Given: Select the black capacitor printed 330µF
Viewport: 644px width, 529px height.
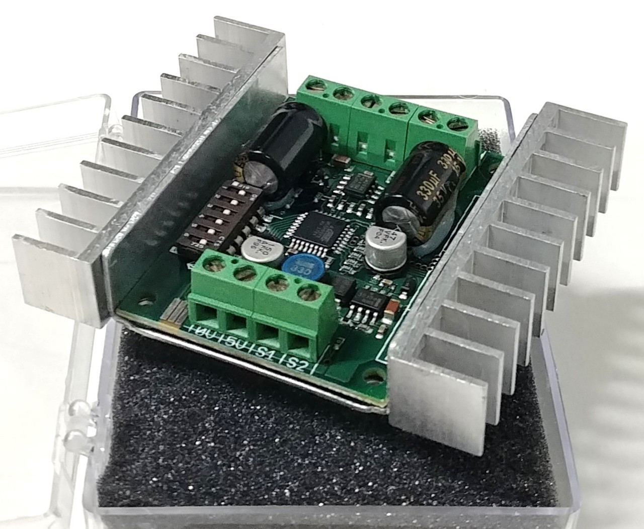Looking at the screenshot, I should click(422, 191).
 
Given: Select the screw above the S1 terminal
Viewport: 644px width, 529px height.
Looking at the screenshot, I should click(276, 284).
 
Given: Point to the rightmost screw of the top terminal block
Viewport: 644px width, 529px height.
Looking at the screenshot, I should click(456, 123).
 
